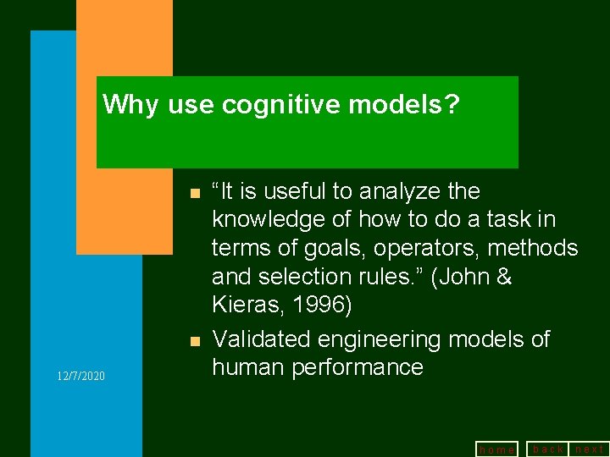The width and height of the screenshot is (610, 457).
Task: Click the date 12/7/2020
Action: [x=81, y=375]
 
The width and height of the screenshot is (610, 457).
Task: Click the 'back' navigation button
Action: [x=547, y=449]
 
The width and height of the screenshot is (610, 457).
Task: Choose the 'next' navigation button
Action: [x=590, y=449]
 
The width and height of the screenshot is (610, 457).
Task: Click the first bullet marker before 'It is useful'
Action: [x=195, y=194]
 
